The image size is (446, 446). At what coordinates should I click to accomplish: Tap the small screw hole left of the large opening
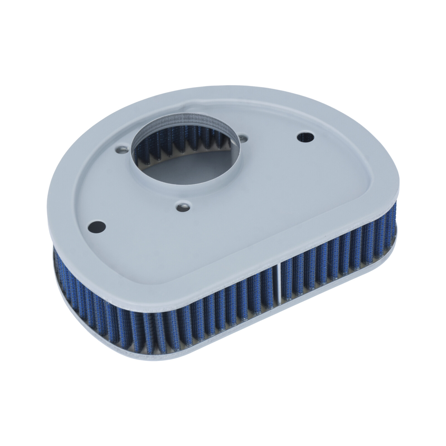122,149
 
